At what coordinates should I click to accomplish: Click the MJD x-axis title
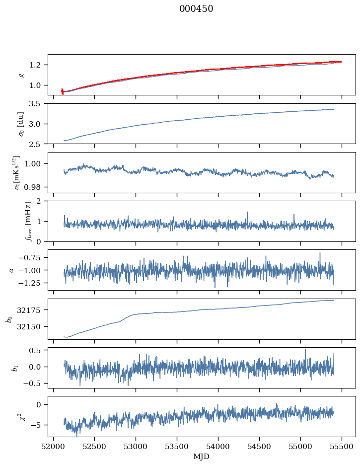coord(202,456)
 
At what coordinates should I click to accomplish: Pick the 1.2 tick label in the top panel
coord(39,65)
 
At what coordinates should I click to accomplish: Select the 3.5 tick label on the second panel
coord(39,104)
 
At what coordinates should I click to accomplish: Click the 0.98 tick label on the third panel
coord(37,187)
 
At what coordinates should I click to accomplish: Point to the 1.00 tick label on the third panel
coord(37,163)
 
